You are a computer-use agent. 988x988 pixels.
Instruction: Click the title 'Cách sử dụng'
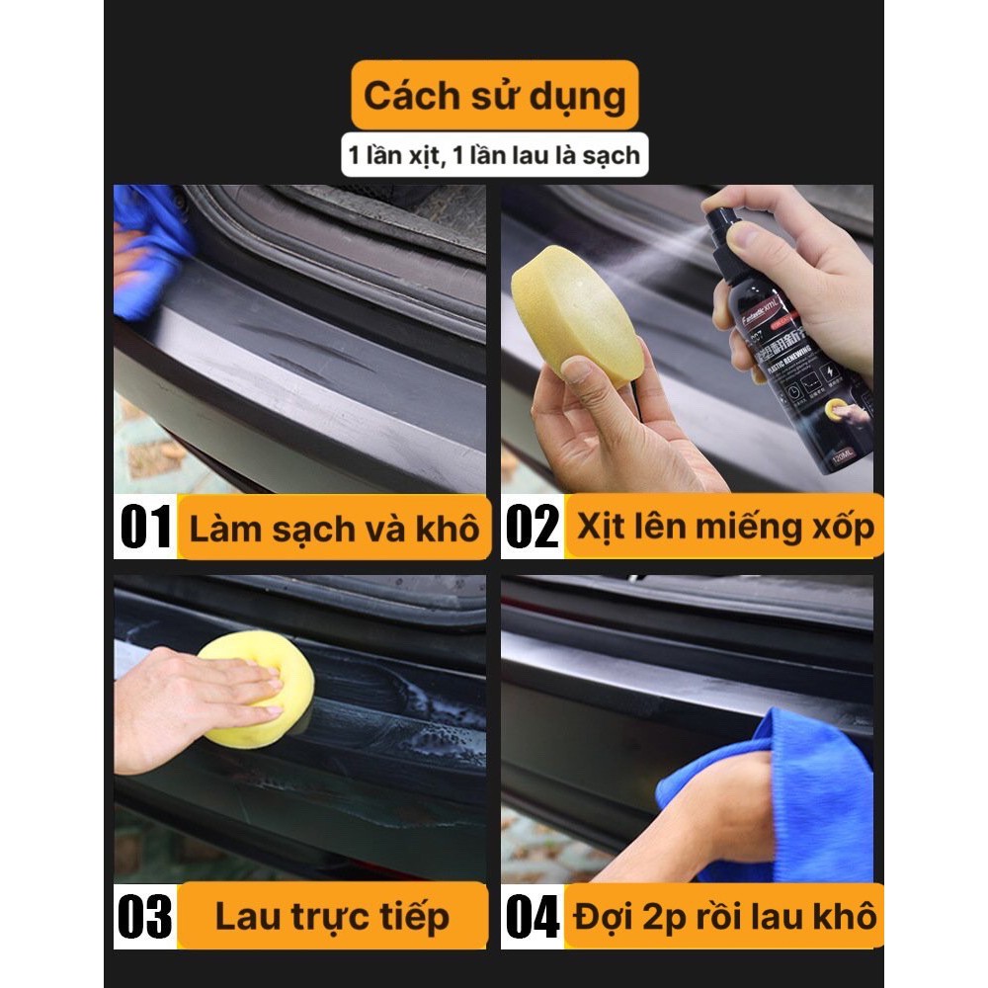pyautogui.click(x=494, y=97)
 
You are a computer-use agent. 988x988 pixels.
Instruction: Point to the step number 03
pyautogui.click(x=145, y=917)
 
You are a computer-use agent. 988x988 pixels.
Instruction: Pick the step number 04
pyautogui.click(x=532, y=917)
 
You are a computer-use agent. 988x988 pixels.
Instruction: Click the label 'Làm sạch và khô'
pyautogui.click(x=333, y=529)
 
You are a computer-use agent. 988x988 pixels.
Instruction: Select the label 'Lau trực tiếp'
pyautogui.click(x=332, y=917)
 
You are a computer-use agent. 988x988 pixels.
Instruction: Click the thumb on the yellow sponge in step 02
pyautogui.click(x=593, y=372)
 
